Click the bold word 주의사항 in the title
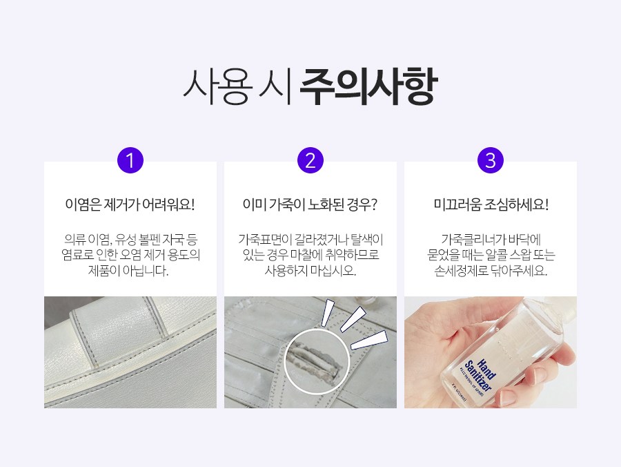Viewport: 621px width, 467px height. click(368, 86)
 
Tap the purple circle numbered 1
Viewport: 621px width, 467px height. click(130, 160)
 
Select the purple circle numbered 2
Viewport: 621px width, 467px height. click(310, 160)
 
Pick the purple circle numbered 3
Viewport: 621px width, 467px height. click(491, 160)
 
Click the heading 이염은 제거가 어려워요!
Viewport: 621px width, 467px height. click(130, 205)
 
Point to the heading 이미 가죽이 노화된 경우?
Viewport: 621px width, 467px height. click(310, 205)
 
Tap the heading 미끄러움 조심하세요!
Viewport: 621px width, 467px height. click(491, 205)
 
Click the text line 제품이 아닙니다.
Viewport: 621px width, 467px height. click(128, 271)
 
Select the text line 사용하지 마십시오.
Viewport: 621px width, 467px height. click(310, 271)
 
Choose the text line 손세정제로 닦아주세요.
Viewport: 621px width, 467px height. click(491, 271)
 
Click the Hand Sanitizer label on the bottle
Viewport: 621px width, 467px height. click(480, 375)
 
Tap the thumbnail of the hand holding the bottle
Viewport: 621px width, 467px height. click(491, 352)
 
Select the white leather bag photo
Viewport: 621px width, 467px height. click(130, 352)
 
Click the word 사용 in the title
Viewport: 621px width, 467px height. click(218, 87)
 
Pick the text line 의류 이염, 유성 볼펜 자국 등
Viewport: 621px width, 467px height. click(130, 240)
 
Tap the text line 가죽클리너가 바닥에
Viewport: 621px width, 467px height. click(491, 240)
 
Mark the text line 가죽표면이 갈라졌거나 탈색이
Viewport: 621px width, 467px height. click(310, 240)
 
